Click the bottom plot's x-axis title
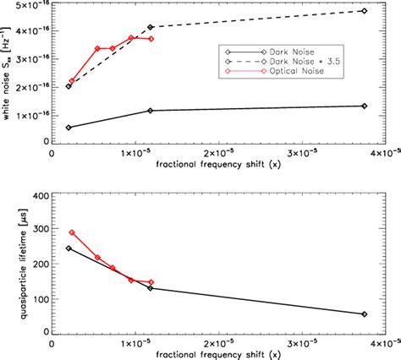click(x=221, y=354)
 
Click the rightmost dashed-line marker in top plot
click(x=364, y=11)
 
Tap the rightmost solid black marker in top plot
click(x=364, y=106)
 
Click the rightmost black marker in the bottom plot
click(x=364, y=314)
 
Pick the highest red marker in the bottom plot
click(x=72, y=232)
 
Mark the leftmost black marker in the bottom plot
click(x=69, y=248)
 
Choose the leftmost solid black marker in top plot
click(x=69, y=128)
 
